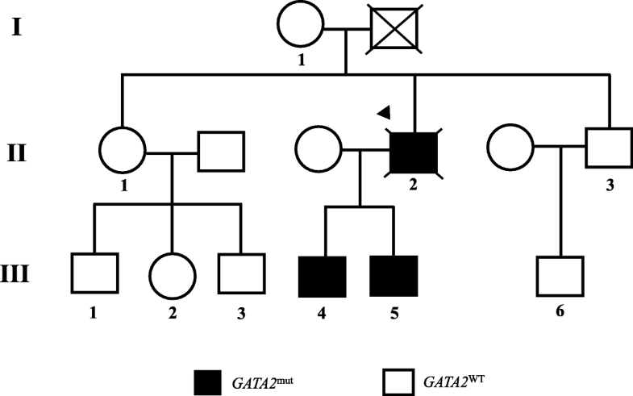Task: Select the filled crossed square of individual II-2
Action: pos(414,152)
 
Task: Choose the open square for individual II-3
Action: pos(607,151)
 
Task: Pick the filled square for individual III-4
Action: pos(323,277)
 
